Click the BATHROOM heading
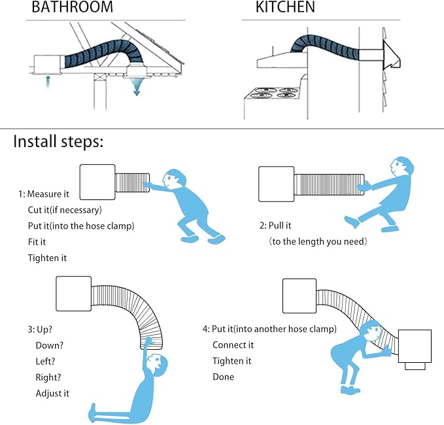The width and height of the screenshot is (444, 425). click(x=72, y=7)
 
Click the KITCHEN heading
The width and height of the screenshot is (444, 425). click(x=285, y=7)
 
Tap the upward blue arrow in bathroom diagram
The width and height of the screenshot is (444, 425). click(x=48, y=82)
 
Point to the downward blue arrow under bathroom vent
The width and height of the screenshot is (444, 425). click(x=137, y=87)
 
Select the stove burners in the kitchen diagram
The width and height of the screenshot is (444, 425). click(x=274, y=93)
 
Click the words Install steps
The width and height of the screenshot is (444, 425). click(x=58, y=141)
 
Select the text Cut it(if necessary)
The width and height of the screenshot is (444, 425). click(x=65, y=210)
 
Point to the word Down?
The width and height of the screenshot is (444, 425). click(x=50, y=345)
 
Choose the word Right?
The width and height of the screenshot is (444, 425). click(x=48, y=377)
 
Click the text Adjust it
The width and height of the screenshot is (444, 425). click(x=52, y=393)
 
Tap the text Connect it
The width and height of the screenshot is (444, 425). click(x=233, y=345)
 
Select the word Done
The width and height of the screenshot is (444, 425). click(x=224, y=377)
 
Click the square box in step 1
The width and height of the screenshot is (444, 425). click(x=97, y=182)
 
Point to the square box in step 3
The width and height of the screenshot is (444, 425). click(x=74, y=294)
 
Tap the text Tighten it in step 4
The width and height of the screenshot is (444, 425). click(x=232, y=361)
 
